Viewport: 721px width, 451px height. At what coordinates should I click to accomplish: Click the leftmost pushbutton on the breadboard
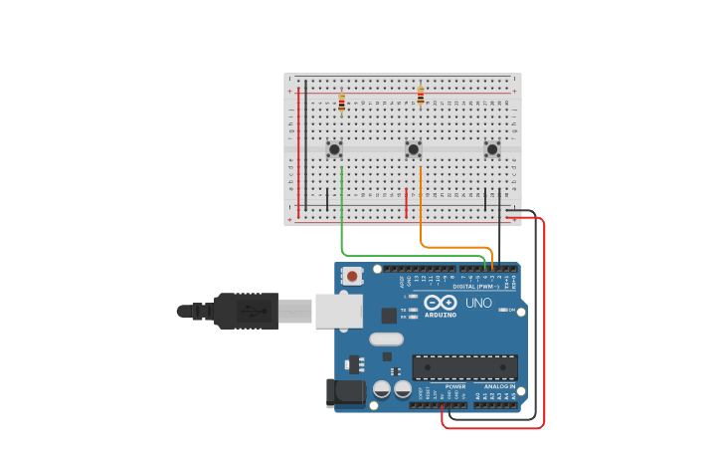pos(335,149)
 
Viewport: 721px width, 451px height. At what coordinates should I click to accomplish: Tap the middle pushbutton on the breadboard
pos(414,149)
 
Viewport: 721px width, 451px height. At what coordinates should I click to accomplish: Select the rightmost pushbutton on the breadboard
pos(492,149)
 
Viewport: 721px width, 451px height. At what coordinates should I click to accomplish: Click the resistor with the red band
pos(342,104)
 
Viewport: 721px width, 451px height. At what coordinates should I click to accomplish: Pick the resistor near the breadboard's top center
pos(421,97)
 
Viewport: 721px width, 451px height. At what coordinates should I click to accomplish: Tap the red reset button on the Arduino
pos(351,276)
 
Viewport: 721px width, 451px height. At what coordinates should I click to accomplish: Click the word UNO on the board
pos(478,303)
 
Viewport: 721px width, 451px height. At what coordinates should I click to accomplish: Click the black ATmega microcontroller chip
pos(464,366)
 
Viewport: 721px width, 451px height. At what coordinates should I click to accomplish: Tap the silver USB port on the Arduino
pos(338,311)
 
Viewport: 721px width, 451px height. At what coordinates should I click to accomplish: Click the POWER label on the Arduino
pos(455,386)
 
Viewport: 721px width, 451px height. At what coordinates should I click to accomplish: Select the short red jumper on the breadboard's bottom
pos(406,202)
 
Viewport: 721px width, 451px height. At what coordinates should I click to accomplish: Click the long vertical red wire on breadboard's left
pos(298,149)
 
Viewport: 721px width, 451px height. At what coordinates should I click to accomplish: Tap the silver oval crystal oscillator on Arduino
pos(386,338)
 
